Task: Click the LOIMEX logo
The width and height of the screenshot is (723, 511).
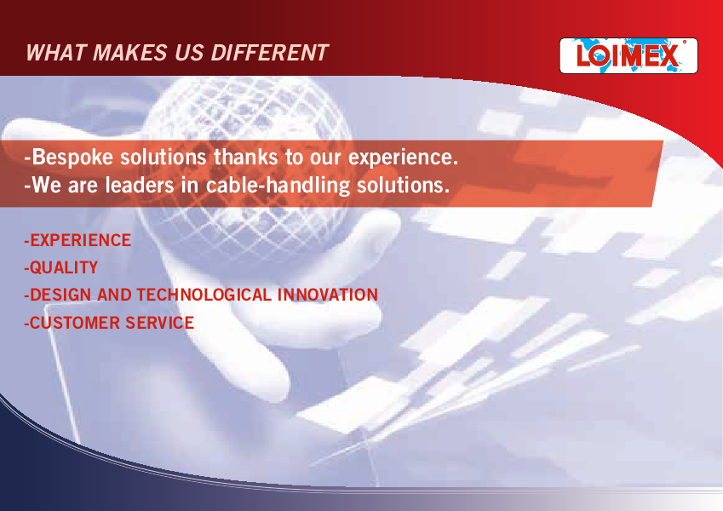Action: tap(628, 56)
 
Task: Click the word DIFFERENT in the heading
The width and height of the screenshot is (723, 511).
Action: tap(270, 53)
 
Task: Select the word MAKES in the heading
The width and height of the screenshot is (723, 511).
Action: tap(130, 53)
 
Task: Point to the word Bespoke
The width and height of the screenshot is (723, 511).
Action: tap(72, 158)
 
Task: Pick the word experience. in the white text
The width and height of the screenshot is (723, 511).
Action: tap(403, 158)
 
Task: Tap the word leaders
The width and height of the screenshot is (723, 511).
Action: tap(140, 186)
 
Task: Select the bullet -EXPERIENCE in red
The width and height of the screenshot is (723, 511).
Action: tap(77, 240)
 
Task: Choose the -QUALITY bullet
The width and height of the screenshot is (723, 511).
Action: tap(60, 268)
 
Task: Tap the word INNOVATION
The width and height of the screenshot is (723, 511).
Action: tap(327, 296)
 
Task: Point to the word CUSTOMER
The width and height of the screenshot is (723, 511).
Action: tap(75, 323)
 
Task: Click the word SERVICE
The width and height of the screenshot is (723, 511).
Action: tap(159, 323)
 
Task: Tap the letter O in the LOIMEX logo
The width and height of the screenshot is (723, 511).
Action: tap(600, 56)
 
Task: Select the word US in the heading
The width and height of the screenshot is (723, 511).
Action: tap(189, 53)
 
